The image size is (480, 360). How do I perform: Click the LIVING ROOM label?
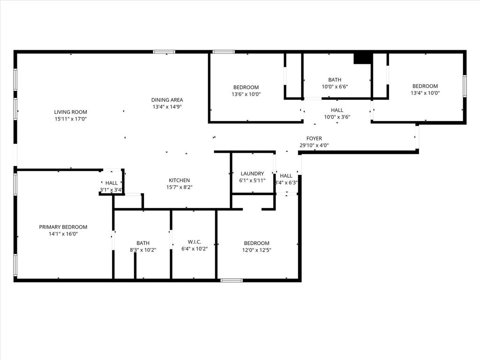pyautogui.click(x=71, y=112)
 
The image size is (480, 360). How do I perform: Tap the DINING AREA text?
pyautogui.click(x=167, y=100)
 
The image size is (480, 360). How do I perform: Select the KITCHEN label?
pyautogui.click(x=180, y=180)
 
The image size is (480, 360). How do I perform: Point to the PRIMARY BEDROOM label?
pyautogui.click(x=63, y=227)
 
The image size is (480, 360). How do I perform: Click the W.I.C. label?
pyautogui.click(x=195, y=242)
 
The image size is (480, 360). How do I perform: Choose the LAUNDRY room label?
pyautogui.click(x=252, y=173)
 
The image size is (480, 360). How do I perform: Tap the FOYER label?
pyautogui.click(x=314, y=138)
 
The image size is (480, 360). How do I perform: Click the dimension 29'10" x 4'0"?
pyautogui.click(x=314, y=145)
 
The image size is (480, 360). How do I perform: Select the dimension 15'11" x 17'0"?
pyautogui.click(x=71, y=119)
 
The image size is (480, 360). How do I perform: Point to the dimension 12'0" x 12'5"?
pyautogui.click(x=256, y=250)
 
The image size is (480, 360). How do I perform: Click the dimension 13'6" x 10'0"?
pyautogui.click(x=246, y=94)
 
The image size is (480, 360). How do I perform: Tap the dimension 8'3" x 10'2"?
pyautogui.click(x=143, y=250)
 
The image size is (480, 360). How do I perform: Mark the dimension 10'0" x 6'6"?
pyautogui.click(x=335, y=87)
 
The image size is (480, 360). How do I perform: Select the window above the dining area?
pyautogui.click(x=165, y=52)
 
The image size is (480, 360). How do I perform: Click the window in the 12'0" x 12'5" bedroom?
pyautogui.click(x=232, y=280)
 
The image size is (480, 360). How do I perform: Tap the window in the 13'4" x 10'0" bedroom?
pyautogui.click(x=465, y=86)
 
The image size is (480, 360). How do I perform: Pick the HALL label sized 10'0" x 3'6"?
pyautogui.click(x=337, y=110)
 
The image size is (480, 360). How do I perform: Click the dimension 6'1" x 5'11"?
pyautogui.click(x=252, y=180)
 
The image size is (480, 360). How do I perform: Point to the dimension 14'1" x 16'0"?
pyautogui.click(x=63, y=234)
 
